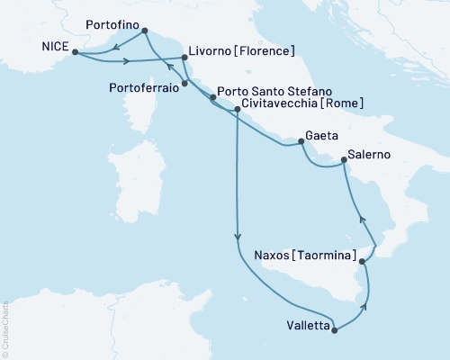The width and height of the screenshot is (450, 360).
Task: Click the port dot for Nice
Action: tap(73, 52)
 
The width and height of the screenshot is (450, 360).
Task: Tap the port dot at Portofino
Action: tap(145, 31)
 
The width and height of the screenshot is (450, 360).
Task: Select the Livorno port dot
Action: tap(184, 58)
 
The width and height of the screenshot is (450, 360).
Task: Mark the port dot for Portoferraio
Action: tap(184, 85)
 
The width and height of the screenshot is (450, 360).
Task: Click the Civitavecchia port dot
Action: tap(237, 110)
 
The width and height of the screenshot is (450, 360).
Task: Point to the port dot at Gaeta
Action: tap(301, 142)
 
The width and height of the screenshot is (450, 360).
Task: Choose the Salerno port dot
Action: tap(344, 163)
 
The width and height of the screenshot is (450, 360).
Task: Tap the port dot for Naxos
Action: tap(362, 262)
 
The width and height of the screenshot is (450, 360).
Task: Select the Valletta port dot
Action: tap(335, 330)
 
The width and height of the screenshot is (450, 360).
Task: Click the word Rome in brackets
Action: tap(346, 104)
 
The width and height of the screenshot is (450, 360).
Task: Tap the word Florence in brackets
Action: tap(258, 50)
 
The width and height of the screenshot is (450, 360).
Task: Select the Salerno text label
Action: tap(370, 156)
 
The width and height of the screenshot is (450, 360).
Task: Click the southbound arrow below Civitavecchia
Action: tap(237, 237)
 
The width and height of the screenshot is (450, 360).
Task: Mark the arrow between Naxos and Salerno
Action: tap(362, 219)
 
